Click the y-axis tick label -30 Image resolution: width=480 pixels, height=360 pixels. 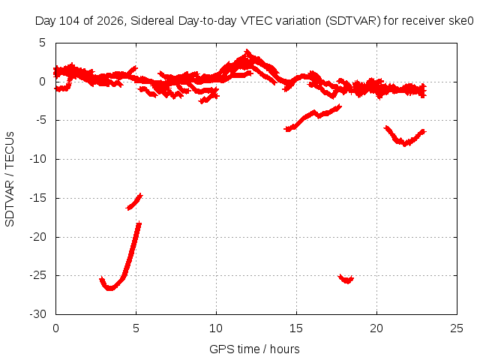[38, 314]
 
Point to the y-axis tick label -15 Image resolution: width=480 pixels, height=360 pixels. [38, 198]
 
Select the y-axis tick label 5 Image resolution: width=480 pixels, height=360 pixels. [42, 43]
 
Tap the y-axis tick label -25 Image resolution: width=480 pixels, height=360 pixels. [38, 275]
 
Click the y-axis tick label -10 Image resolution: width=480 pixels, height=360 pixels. [38, 159]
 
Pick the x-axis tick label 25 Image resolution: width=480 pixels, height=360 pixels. [457, 328]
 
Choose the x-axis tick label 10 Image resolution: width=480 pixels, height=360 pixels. [216, 328]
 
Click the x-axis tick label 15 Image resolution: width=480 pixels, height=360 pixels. [296, 328]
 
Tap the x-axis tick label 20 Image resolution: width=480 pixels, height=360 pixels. [376, 328]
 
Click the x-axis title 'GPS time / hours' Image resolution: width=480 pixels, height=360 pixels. [254, 349]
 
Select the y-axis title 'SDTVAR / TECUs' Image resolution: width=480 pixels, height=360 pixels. [10, 179]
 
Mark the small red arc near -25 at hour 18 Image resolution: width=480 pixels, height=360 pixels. [346, 280]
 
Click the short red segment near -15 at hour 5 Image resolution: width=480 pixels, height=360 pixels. [134, 202]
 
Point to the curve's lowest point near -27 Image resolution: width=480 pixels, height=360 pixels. [109, 289]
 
